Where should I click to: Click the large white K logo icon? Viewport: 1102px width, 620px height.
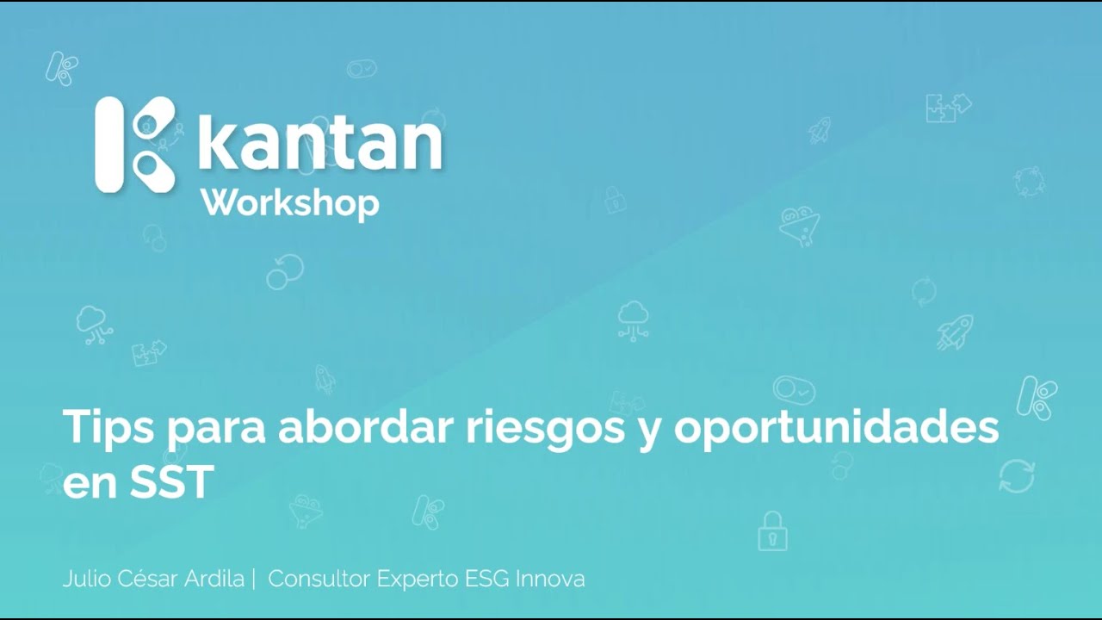pyautogui.click(x=135, y=144)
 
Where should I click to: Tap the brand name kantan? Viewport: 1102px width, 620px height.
pyautogui.click(x=320, y=143)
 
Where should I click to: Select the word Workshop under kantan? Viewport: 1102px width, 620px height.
pyautogui.click(x=289, y=203)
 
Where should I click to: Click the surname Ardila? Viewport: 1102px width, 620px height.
pyautogui.click(x=216, y=579)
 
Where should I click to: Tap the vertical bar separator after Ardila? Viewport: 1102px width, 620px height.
pyautogui.click(x=254, y=579)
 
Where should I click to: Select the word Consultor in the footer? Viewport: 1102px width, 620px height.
pyautogui.click(x=319, y=579)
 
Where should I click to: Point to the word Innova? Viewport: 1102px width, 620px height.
pyautogui.click(x=550, y=579)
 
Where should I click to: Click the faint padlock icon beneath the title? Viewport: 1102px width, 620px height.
pyautogui.click(x=772, y=531)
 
